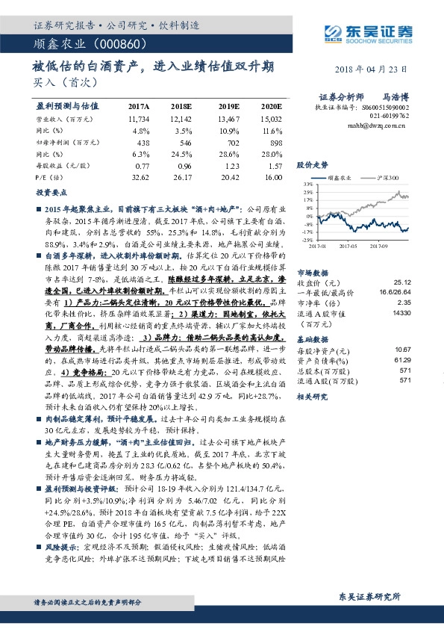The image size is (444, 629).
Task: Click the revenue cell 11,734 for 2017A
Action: pos(140,119)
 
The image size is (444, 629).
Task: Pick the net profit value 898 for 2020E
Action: pos(274,142)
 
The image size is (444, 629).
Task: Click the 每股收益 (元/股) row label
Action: pos(60,165)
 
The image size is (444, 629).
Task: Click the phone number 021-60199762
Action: pos(389,116)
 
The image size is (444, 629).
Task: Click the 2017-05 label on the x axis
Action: pos(349,244)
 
